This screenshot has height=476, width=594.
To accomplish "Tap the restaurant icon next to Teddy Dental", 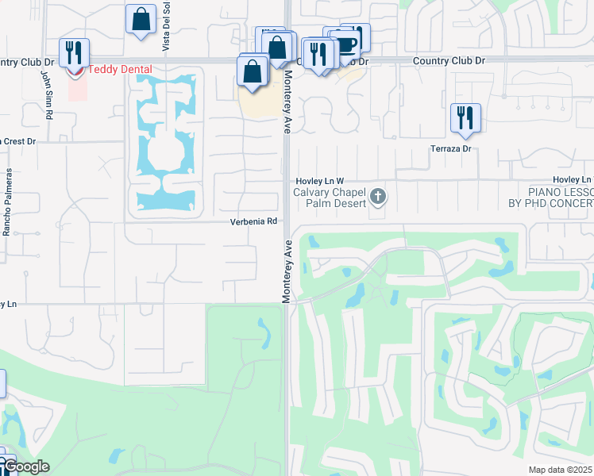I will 74,52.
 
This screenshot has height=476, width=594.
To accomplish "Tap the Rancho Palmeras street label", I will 7,202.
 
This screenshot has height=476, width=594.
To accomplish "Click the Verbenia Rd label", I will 254,222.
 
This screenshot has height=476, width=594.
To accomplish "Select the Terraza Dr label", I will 451,148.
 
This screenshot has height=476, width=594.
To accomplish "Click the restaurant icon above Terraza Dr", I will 465,117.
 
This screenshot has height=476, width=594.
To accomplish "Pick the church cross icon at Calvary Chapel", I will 378,196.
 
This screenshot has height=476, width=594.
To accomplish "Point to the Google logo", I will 25,466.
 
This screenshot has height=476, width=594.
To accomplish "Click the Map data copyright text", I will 561,470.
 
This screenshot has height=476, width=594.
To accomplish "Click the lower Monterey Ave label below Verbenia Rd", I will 287,270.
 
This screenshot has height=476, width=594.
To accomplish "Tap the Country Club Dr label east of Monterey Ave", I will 449,60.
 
